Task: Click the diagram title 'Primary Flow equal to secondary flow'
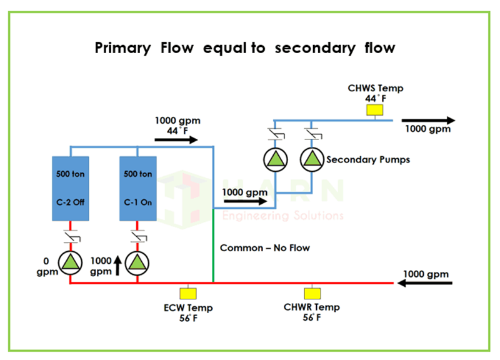[x=245, y=47]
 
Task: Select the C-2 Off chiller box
[x=69, y=187]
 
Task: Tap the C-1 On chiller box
[x=137, y=187]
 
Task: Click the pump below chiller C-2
[x=69, y=264]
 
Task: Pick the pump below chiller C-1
[x=137, y=264]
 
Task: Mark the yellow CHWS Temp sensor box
[x=375, y=110]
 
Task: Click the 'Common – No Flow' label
[x=265, y=248]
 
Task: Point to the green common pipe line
[x=214, y=244]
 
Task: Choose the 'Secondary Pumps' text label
[x=368, y=159]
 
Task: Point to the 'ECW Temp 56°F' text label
[x=187, y=312]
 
